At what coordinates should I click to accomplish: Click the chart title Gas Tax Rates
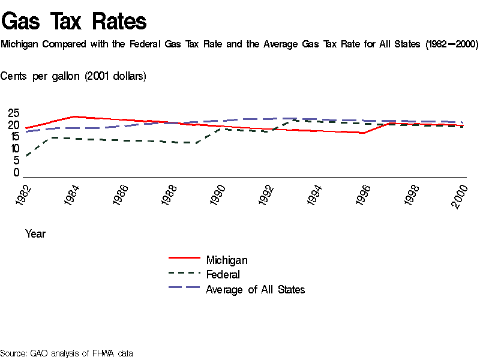coord(74,22)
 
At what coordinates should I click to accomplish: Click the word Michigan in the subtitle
coord(20,44)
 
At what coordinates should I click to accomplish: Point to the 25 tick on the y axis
coord(13,113)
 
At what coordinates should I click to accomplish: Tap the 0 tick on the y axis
coord(16,173)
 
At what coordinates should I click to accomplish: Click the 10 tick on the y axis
coord(13,148)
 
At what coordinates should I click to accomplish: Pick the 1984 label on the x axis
coord(73,196)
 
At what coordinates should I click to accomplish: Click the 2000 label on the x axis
coord(460,196)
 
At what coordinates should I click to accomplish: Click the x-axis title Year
coord(35,234)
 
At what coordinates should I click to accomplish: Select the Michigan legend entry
coord(226,260)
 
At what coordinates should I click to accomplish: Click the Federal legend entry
coord(223,275)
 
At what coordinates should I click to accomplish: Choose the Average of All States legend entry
coord(255,290)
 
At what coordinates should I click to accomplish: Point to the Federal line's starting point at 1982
coord(26,157)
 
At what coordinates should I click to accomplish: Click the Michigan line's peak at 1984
coord(74,116)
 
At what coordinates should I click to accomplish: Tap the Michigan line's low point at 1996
coord(364,133)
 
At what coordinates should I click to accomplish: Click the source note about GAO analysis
coord(67,353)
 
